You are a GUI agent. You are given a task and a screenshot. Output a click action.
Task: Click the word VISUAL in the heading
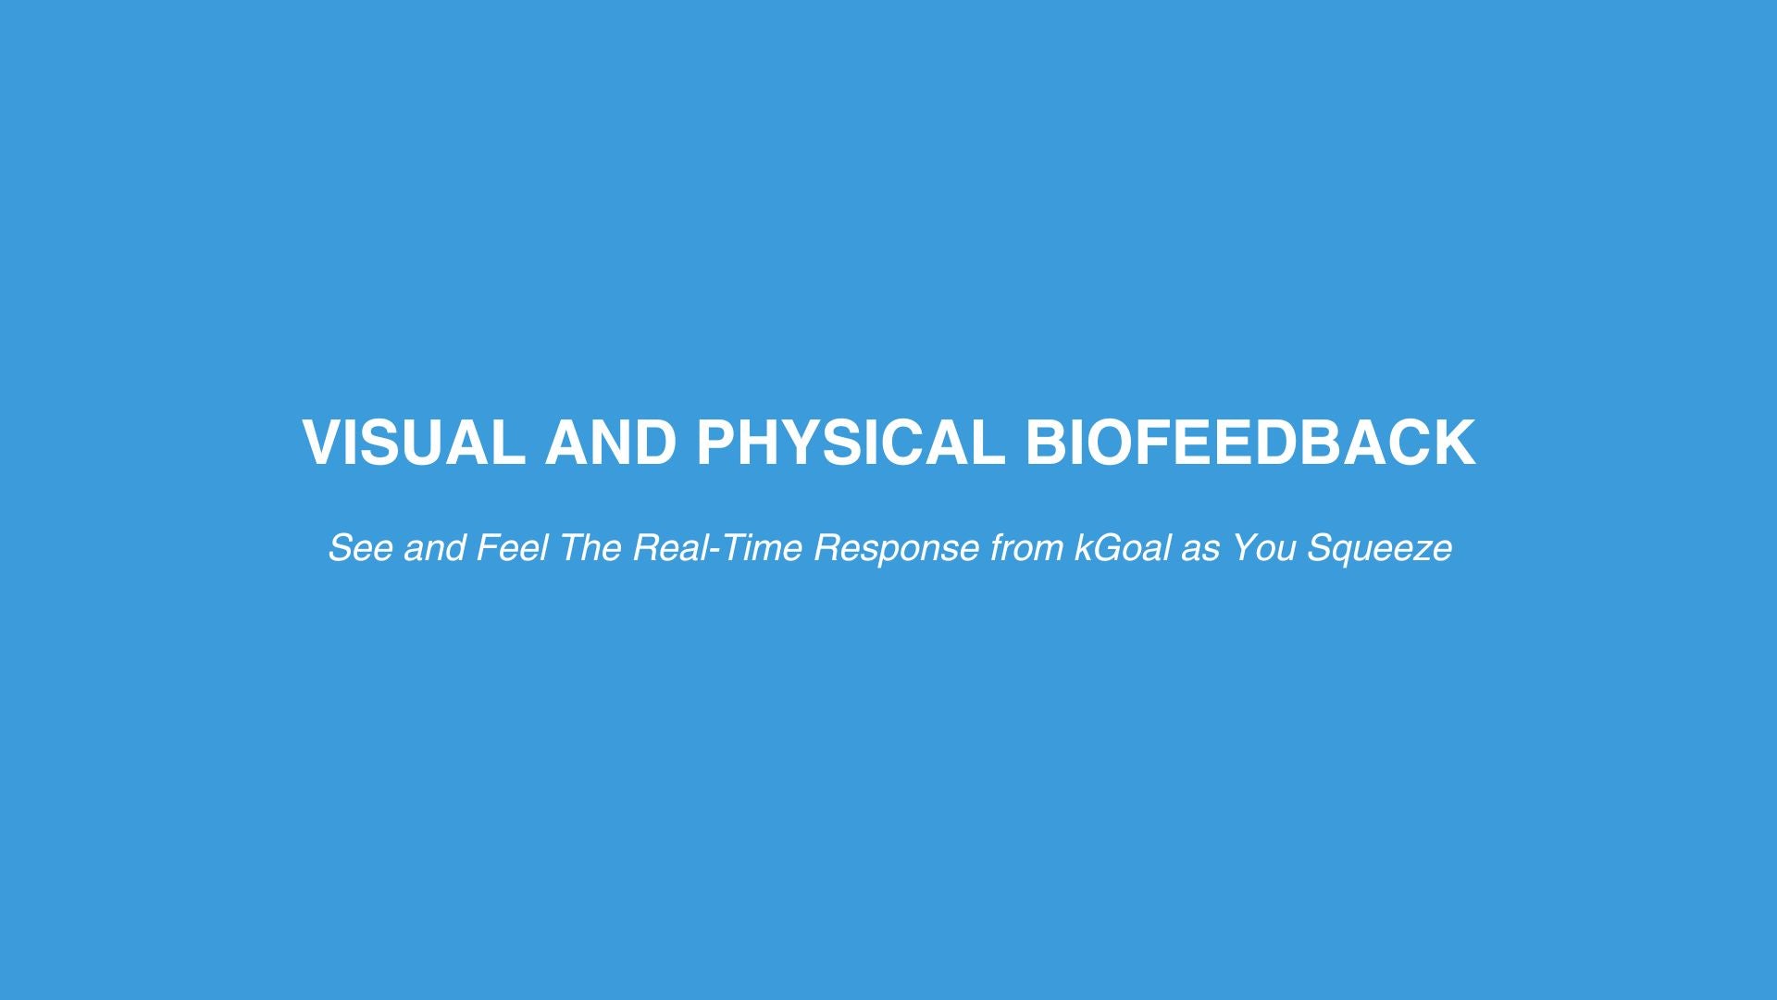pyautogui.click(x=413, y=442)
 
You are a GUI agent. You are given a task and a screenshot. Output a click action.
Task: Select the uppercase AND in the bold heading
pyautogui.click(x=611, y=442)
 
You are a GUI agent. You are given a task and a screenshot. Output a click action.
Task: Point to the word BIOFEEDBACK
pyautogui.click(x=1250, y=442)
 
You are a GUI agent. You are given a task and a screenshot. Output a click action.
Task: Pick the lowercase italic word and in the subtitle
pyautogui.click(x=435, y=548)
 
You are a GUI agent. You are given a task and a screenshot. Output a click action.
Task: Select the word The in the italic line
pyautogui.click(x=590, y=548)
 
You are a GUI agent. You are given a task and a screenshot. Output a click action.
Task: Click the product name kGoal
pyautogui.click(x=1123, y=548)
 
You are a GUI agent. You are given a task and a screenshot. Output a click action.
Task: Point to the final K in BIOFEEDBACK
pyautogui.click(x=1454, y=442)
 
